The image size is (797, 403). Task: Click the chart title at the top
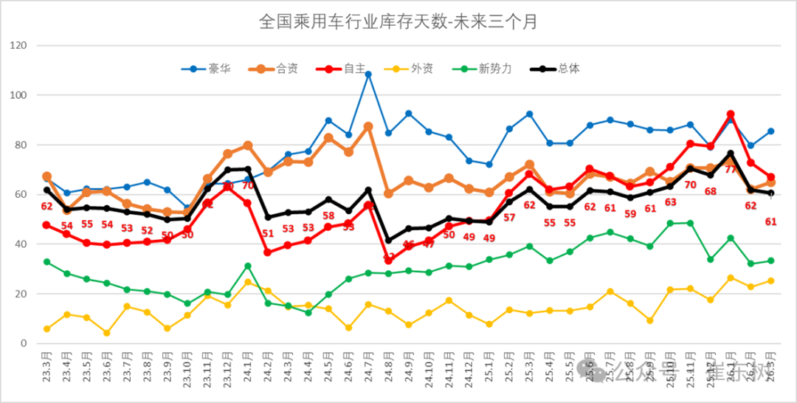[398, 21]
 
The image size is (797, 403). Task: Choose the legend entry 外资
[421, 69]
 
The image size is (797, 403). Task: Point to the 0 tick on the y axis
[33, 344]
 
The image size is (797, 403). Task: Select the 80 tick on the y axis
[30, 145]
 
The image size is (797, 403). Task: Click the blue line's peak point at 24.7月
[368, 75]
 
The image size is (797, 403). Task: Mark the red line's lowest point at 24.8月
[388, 261]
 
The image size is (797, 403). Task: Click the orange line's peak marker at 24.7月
[368, 126]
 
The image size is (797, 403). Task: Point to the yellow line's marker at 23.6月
[107, 333]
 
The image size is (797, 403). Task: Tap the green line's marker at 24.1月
[248, 266]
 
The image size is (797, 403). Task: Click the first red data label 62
[47, 207]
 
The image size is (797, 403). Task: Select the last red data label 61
[770, 221]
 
